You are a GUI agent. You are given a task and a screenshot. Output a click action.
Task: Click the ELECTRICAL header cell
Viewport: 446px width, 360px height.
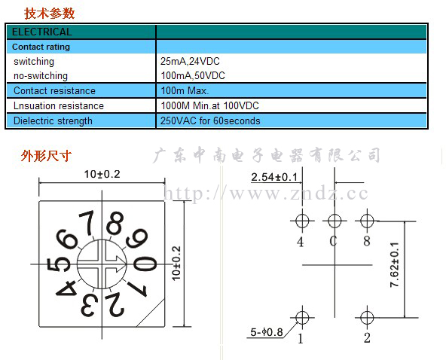pyautogui.click(x=42, y=32)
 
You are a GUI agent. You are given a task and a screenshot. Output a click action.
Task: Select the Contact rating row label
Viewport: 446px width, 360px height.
pyautogui.click(x=41, y=47)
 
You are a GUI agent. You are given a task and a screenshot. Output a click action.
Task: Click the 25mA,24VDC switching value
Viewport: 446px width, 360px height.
pyautogui.click(x=190, y=61)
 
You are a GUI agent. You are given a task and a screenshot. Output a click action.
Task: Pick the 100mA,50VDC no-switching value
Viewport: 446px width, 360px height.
pyautogui.click(x=193, y=75)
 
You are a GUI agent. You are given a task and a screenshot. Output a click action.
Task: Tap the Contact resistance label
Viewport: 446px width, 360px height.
pyautogui.click(x=54, y=90)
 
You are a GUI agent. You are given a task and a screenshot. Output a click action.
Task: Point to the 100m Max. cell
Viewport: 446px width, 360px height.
pyautogui.click(x=185, y=90)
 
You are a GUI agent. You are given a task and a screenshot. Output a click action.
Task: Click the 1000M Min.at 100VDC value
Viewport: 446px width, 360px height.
pyautogui.click(x=210, y=105)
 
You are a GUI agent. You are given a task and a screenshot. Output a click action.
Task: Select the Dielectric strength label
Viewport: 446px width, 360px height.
pyautogui.click(x=53, y=121)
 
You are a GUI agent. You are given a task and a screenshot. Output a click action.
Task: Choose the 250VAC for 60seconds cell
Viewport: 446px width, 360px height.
pyautogui.click(x=210, y=121)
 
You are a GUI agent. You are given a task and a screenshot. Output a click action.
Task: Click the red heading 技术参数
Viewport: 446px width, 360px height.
pyautogui.click(x=49, y=14)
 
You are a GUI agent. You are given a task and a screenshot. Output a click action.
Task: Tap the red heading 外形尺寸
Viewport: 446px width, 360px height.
pyautogui.click(x=46, y=156)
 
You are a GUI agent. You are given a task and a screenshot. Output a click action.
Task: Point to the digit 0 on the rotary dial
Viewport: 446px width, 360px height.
pyautogui.click(x=145, y=264)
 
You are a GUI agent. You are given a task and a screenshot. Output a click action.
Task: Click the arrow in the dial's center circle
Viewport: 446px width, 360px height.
pyautogui.click(x=113, y=264)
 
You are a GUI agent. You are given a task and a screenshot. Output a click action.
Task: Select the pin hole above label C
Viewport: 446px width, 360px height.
pyautogui.click(x=334, y=221)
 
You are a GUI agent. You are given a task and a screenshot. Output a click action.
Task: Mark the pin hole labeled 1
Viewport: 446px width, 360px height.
pyautogui.click(x=302, y=318)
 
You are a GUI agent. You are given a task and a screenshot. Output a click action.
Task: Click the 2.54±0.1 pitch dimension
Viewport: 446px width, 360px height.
pyautogui.click(x=274, y=177)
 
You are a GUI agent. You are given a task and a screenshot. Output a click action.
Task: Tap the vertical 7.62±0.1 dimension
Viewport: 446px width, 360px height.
pyautogui.click(x=395, y=265)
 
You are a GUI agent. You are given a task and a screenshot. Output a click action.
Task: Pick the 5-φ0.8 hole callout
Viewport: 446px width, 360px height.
pyautogui.click(x=267, y=332)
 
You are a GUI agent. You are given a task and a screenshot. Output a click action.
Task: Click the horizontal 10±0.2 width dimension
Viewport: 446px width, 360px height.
pyautogui.click(x=102, y=174)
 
